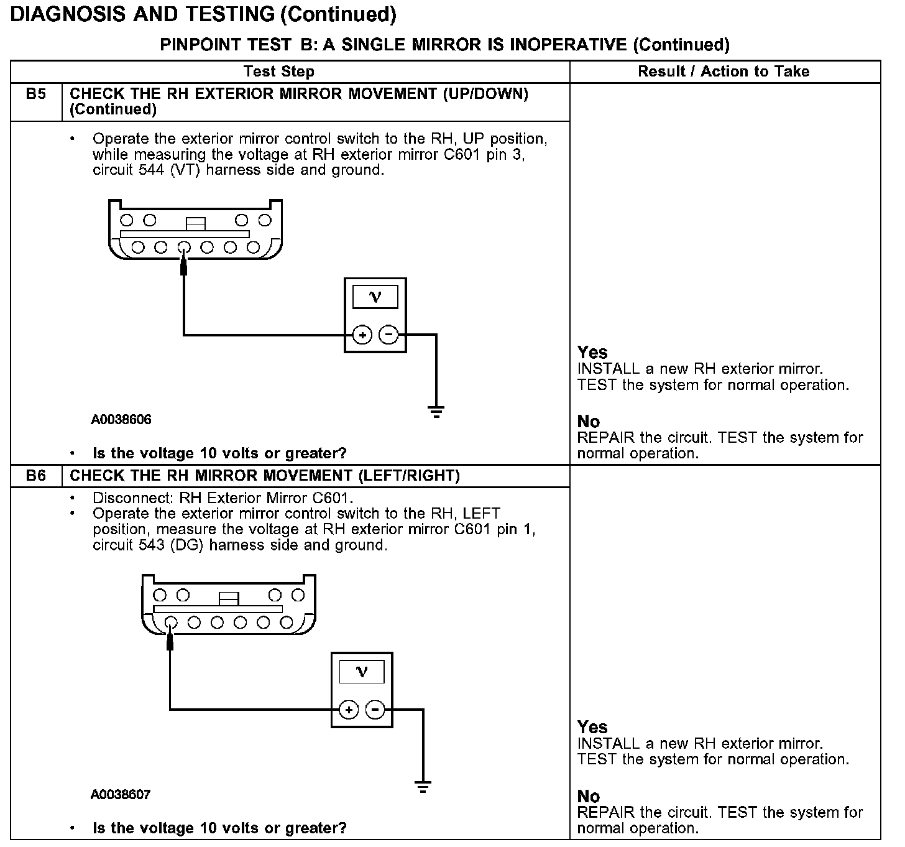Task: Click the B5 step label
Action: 36,95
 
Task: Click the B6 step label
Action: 36,476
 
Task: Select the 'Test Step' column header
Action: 279,72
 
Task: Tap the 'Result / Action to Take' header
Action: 724,72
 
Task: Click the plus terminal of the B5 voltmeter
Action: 362,335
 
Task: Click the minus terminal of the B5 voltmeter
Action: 388,335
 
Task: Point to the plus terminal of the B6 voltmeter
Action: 349,710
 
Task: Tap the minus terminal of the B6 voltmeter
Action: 375,710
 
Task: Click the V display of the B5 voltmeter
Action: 375,297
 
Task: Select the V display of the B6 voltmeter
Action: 361,672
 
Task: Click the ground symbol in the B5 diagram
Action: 436,411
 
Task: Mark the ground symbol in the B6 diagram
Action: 423,787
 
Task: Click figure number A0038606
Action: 121,420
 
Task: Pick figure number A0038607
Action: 121,795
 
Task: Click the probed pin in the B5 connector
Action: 183,248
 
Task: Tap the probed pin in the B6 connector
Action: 170,623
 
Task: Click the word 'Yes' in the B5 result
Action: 592,353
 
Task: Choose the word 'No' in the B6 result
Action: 589,797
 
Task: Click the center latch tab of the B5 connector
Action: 195,223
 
